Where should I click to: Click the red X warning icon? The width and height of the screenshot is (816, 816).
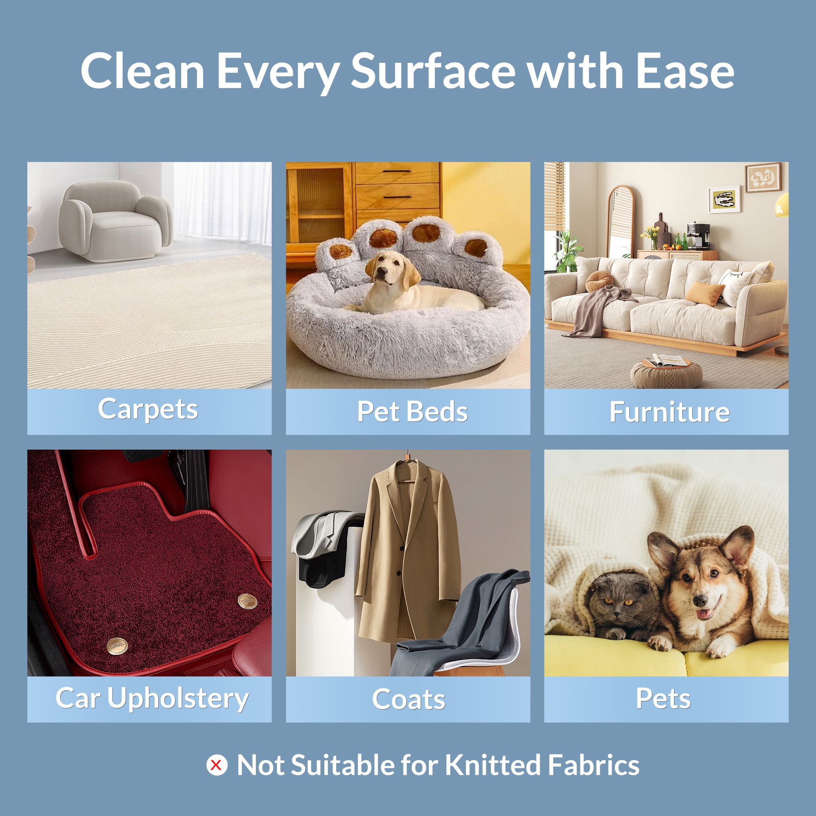[x=217, y=765]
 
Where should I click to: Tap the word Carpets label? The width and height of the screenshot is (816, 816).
[x=148, y=410]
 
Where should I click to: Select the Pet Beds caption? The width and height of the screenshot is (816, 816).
[x=412, y=411]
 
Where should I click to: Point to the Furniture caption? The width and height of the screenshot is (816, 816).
[x=670, y=412]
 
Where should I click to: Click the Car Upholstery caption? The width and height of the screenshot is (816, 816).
[x=152, y=699]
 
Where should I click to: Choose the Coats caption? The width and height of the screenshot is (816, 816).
[x=408, y=699]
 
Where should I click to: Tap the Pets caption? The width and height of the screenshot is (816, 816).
[x=663, y=698]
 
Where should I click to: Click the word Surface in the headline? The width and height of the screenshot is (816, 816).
[x=433, y=71]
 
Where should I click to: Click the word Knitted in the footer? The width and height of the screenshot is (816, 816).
[x=492, y=765]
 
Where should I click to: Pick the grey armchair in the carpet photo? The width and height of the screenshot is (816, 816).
[x=115, y=221]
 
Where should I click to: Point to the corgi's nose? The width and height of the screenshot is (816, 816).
[x=700, y=601]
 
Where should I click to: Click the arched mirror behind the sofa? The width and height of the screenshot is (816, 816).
[x=621, y=222]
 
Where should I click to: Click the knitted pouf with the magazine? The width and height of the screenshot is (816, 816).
[x=667, y=372]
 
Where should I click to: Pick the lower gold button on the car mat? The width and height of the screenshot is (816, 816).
[x=117, y=647]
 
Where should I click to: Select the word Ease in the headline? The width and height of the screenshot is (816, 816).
[x=685, y=71]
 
